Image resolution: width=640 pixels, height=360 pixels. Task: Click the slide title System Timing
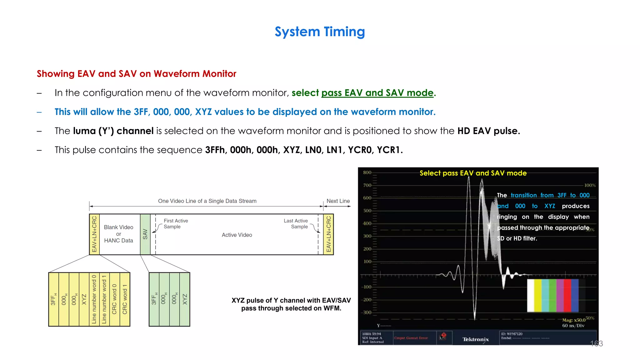(320, 32)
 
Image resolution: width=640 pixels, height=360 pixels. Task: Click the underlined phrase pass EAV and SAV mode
(377, 93)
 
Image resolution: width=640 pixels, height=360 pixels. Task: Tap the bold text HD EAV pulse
(488, 131)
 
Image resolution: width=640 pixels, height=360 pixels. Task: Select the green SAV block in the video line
(145, 234)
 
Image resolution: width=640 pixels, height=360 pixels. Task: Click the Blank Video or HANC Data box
(119, 234)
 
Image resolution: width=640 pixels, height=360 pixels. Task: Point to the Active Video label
(237, 235)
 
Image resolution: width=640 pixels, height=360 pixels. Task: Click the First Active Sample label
(176, 224)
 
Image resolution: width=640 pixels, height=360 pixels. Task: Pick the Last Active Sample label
(296, 224)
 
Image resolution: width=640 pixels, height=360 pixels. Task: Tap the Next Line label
(338, 201)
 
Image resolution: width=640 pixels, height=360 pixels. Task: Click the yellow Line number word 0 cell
(94, 299)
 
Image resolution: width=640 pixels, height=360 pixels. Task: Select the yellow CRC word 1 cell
(125, 299)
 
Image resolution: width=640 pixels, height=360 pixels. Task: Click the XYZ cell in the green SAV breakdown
(185, 299)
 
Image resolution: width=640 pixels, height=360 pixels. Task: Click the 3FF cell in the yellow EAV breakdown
(53, 299)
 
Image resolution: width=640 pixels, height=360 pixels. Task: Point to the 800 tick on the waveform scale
(367, 172)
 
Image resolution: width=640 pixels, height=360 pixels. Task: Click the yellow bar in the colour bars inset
(538, 296)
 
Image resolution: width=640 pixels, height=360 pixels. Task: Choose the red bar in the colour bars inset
(567, 296)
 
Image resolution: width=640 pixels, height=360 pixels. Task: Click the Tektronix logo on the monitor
(476, 339)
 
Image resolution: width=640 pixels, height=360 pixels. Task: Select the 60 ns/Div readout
(573, 326)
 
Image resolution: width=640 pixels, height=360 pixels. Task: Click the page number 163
(596, 344)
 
